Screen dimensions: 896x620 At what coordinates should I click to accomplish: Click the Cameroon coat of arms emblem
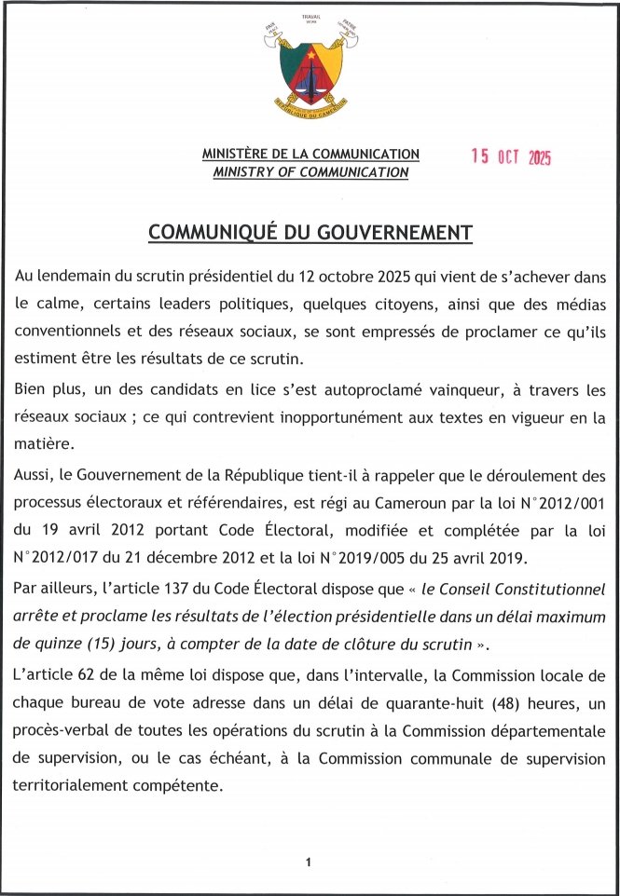click(x=310, y=66)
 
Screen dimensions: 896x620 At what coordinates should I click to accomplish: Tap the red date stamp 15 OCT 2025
click(x=511, y=157)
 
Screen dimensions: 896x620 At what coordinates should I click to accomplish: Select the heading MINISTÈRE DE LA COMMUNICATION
click(x=310, y=155)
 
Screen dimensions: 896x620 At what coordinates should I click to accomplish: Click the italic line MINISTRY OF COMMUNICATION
click(x=310, y=172)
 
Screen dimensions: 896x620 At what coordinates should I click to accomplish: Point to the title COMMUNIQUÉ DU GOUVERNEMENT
click(x=310, y=233)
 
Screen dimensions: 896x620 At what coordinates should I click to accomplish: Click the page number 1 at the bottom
click(x=308, y=862)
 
